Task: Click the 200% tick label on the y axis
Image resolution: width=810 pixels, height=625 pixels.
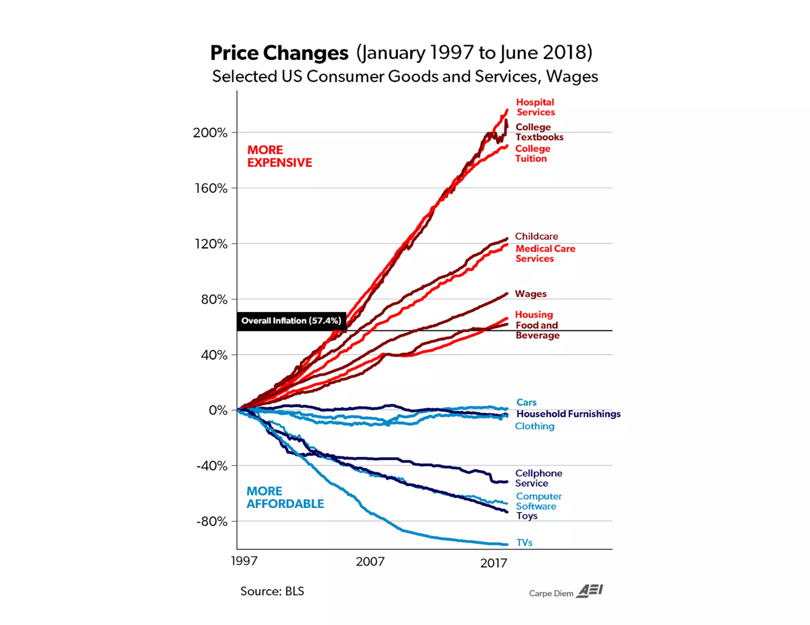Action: pos(210,132)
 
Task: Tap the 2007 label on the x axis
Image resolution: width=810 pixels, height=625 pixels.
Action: pos(370,561)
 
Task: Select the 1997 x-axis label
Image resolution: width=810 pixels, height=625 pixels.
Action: pos(244,561)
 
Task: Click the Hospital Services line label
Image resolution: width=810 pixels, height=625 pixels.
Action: pos(535,107)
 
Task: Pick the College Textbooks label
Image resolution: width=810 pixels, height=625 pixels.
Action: pos(539,132)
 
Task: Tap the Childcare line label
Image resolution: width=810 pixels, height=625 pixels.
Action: pos(536,236)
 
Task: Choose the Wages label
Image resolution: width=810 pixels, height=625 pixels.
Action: pos(530,294)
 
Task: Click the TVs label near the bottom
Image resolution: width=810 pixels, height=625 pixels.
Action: pos(524,542)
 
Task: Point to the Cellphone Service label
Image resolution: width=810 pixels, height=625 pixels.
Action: pos(538,478)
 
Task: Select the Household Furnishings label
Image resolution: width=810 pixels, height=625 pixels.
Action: pos(568,414)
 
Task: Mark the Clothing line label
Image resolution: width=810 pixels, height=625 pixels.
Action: pos(534,426)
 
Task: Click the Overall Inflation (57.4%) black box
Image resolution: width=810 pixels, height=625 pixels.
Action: pos(291,321)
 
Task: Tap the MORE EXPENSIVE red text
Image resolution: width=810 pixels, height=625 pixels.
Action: pos(279,156)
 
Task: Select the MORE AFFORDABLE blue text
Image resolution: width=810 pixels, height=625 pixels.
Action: pos(285,497)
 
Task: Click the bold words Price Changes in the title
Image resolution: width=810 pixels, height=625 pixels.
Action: pos(279,53)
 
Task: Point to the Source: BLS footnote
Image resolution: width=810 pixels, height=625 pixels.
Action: pos(272,591)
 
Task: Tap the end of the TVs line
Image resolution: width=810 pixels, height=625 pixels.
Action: pos(507,544)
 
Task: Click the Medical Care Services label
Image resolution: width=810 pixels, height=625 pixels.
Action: pos(545,253)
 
